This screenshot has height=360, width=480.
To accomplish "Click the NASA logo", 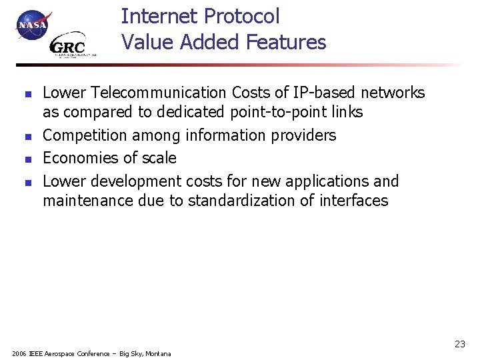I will [32, 25].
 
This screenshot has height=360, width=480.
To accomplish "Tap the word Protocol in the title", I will [243, 17].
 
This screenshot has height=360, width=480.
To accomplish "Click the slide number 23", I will [459, 344].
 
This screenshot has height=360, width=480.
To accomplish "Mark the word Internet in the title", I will [158, 17].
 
